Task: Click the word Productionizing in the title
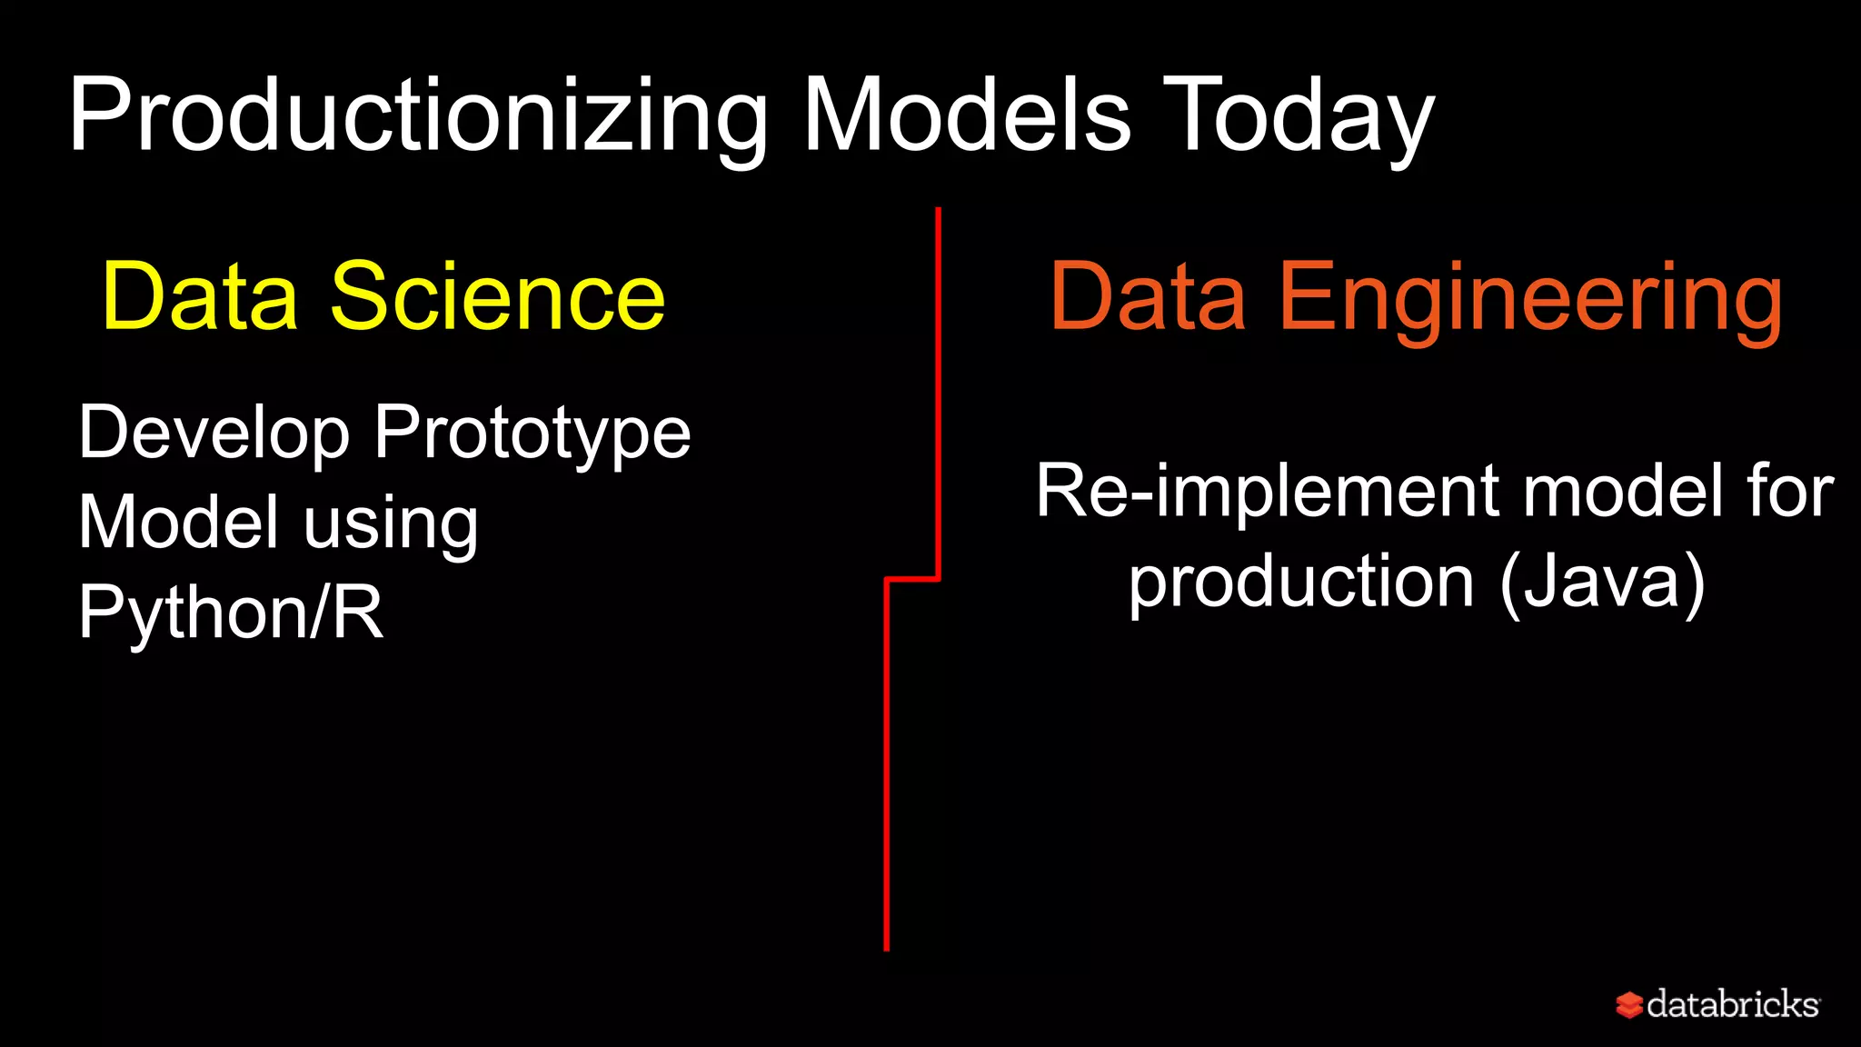[418, 116]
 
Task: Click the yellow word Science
[497, 296]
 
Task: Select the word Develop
[214, 434]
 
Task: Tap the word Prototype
[532, 434]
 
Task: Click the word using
[390, 523]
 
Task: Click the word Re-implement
[1269, 493]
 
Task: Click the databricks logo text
[1732, 1004]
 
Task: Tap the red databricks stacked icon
[1628, 1004]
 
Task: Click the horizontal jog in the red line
[912, 578]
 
